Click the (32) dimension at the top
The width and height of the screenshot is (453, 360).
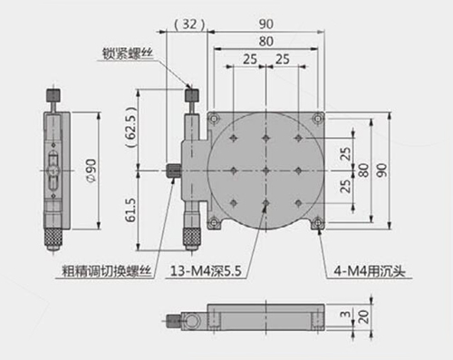pyautogui.click(x=190, y=24)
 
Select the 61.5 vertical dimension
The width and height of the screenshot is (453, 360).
pyautogui.click(x=131, y=210)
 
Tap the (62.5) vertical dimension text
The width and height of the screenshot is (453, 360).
pyautogui.click(x=131, y=127)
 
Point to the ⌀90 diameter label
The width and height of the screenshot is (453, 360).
pyautogui.click(x=92, y=170)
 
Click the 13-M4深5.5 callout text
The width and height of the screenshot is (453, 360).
pyautogui.click(x=206, y=271)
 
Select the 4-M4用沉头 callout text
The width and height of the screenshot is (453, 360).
pyautogui.click(x=369, y=271)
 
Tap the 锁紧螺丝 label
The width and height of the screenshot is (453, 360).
pyautogui.click(x=128, y=54)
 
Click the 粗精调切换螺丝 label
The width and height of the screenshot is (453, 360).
pyautogui.click(x=106, y=271)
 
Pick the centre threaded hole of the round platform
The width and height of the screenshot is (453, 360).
pyautogui.click(x=265, y=170)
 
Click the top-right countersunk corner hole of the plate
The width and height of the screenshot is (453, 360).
pyautogui.click(x=318, y=119)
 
